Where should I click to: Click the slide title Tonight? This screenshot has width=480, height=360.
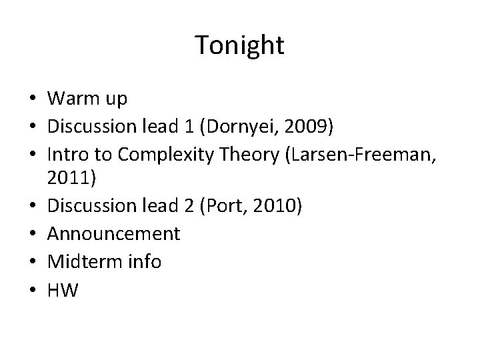point(240,46)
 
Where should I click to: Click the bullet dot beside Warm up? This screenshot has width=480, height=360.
point(32,100)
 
